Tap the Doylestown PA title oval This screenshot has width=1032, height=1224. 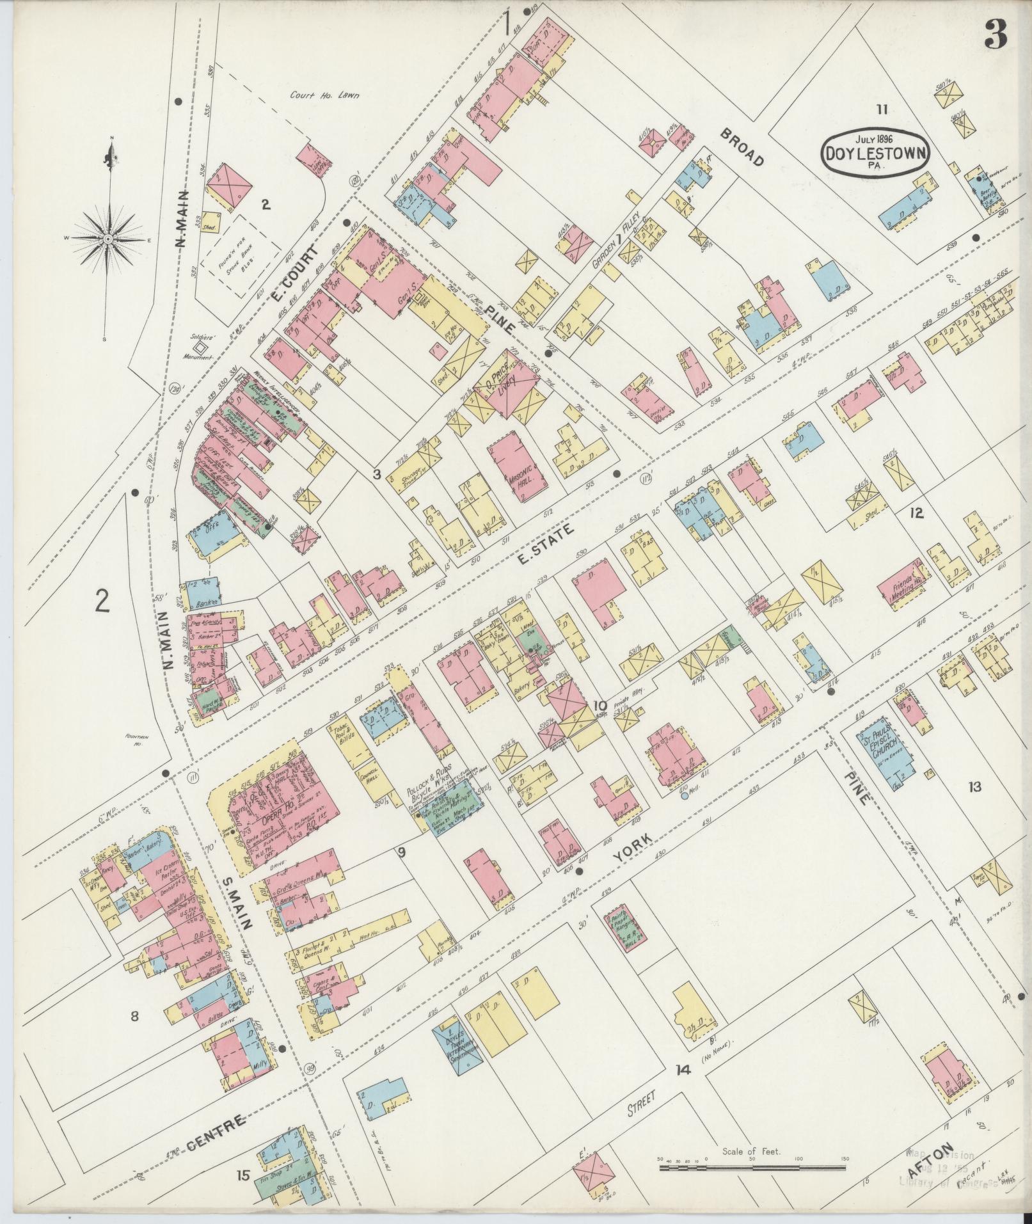[873, 153]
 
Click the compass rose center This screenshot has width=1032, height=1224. [109, 239]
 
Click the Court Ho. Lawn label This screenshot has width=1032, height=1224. [324, 96]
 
